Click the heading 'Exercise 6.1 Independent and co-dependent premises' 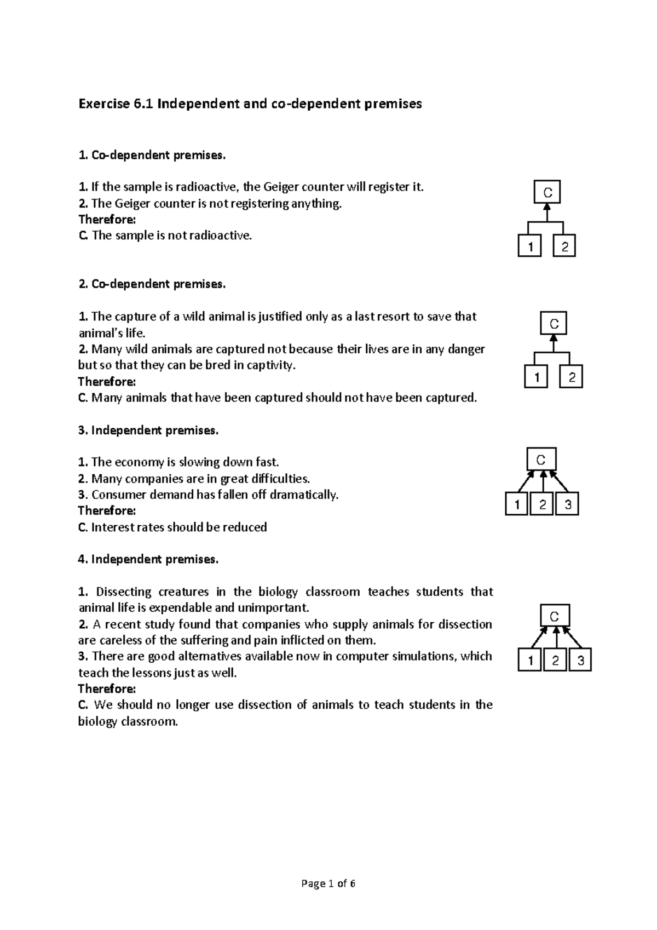click(250, 104)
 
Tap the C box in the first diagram click(547, 192)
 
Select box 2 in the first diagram click(564, 248)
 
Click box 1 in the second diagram click(537, 377)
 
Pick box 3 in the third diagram click(567, 504)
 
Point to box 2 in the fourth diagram click(555, 661)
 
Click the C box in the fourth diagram click(555, 616)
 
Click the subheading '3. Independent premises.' click(148, 430)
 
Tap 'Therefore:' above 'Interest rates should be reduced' click(107, 511)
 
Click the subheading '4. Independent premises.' click(148, 560)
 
